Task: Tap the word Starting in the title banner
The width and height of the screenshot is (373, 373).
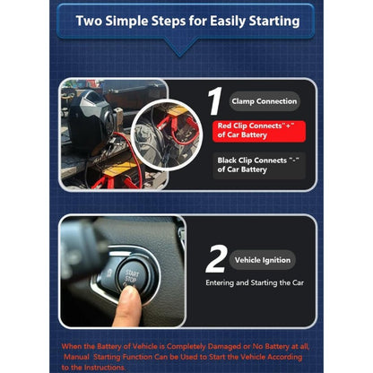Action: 274,22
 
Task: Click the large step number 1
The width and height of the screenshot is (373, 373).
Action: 215,101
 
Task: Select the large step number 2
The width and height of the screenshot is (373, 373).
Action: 216,259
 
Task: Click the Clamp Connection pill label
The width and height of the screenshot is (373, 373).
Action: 265,101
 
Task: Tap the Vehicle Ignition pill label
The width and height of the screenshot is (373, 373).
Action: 263,260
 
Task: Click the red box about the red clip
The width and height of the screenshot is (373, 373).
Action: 259,131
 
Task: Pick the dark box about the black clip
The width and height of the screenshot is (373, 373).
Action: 259,166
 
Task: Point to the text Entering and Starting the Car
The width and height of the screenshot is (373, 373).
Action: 255,282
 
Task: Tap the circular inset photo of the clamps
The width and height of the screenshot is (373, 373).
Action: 166,135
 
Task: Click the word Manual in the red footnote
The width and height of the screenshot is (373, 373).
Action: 76,357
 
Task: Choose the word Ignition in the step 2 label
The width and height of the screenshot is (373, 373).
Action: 277,260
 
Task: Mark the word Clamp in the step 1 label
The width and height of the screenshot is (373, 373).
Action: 243,101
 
